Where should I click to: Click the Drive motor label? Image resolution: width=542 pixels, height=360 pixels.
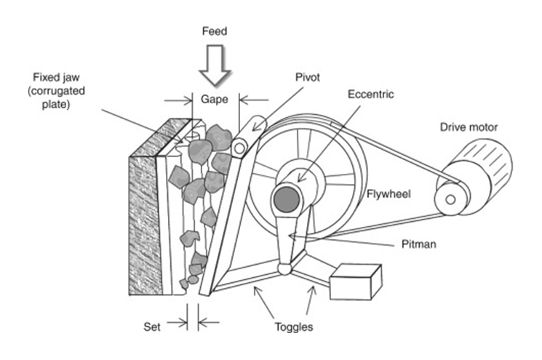(x=469, y=127)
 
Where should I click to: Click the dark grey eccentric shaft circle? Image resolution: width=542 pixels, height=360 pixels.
(x=285, y=199)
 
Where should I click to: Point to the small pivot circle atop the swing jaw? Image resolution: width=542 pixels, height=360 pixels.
(x=239, y=148)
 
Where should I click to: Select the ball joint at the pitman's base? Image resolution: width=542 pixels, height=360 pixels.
(x=284, y=270)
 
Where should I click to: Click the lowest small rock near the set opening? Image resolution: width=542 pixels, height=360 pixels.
(x=192, y=279)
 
